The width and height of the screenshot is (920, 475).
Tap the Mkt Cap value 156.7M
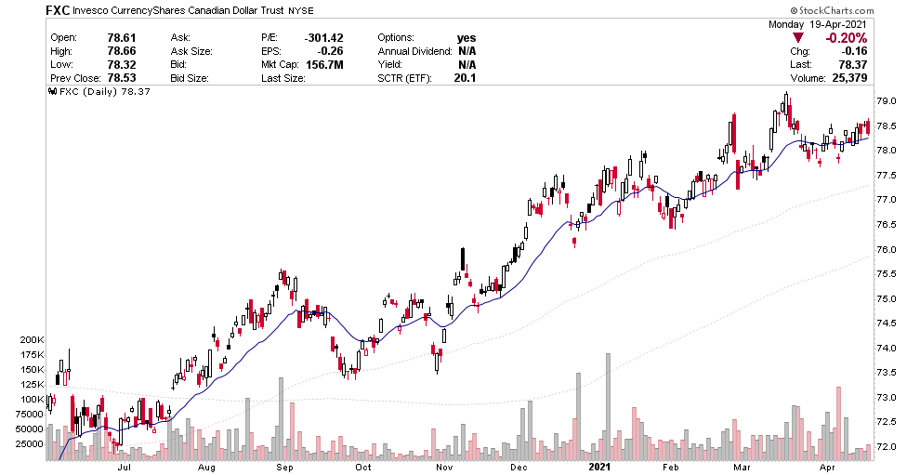[325, 64]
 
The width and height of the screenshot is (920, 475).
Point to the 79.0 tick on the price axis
[888, 100]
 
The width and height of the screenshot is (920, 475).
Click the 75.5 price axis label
[888, 274]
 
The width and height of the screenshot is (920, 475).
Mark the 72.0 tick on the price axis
[888, 448]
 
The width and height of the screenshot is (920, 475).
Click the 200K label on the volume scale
[32, 340]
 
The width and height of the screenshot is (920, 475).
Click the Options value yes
[466, 37]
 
